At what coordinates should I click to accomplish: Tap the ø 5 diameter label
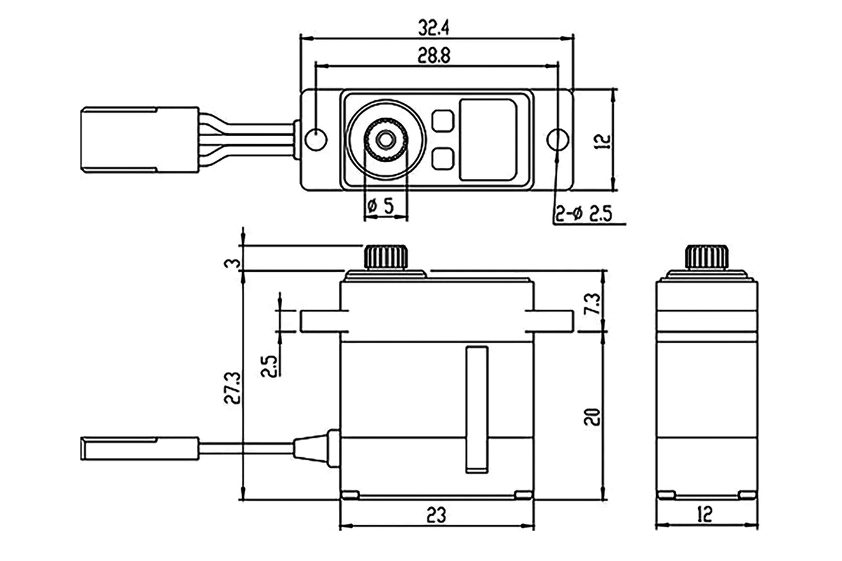click(x=380, y=205)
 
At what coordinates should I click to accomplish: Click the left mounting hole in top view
click(x=316, y=139)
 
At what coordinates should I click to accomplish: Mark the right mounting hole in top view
click(x=557, y=140)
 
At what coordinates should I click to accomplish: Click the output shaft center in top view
click(x=385, y=140)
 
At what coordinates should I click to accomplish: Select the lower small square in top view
click(x=442, y=158)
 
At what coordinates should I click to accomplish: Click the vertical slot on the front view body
click(x=477, y=407)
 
